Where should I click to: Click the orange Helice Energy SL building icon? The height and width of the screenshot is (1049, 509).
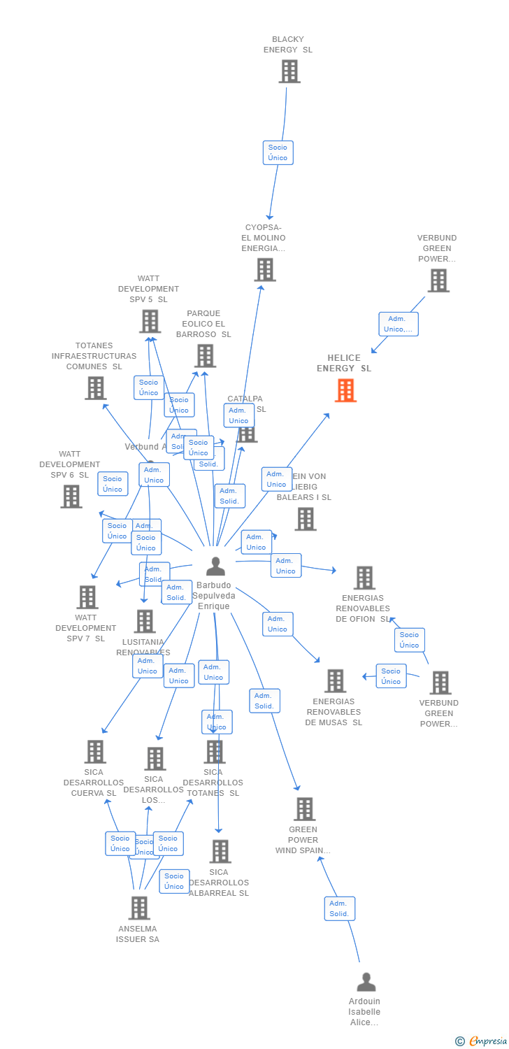pyautogui.click(x=345, y=390)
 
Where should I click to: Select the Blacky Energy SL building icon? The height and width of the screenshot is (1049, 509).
pyautogui.click(x=289, y=71)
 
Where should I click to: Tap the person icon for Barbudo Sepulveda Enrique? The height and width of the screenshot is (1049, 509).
pyautogui.click(x=215, y=566)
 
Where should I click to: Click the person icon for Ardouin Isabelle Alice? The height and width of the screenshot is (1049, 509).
pyautogui.click(x=366, y=983)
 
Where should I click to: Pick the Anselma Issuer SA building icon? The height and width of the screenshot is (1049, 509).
pyautogui.click(x=138, y=908)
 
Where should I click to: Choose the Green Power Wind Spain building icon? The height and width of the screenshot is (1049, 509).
pyautogui.click(x=304, y=809)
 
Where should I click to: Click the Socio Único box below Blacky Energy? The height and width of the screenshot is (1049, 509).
pyautogui.click(x=278, y=152)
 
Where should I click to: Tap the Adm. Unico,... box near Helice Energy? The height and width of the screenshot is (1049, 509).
pyautogui.click(x=399, y=324)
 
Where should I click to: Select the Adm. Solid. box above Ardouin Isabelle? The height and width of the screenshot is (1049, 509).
pyautogui.click(x=339, y=908)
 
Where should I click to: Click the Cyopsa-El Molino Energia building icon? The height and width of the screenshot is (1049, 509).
pyautogui.click(x=264, y=269)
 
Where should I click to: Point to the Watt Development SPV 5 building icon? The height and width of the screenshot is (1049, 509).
pyautogui.click(x=150, y=321)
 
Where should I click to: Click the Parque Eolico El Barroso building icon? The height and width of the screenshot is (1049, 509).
pyautogui.click(x=204, y=355)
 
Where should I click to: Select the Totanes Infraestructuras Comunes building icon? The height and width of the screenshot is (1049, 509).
pyautogui.click(x=95, y=387)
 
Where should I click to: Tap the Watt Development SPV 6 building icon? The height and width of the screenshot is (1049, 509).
pyautogui.click(x=71, y=496)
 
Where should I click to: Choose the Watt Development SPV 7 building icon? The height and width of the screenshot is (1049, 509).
pyautogui.click(x=87, y=597)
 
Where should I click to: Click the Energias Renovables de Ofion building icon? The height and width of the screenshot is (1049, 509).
pyautogui.click(x=364, y=578)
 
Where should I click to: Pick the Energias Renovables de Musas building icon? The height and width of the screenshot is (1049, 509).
pyautogui.click(x=335, y=680)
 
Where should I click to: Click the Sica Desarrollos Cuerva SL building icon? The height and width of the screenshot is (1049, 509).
pyautogui.click(x=94, y=752)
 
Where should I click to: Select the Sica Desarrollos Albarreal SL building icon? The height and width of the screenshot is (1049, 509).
pyautogui.click(x=220, y=851)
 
